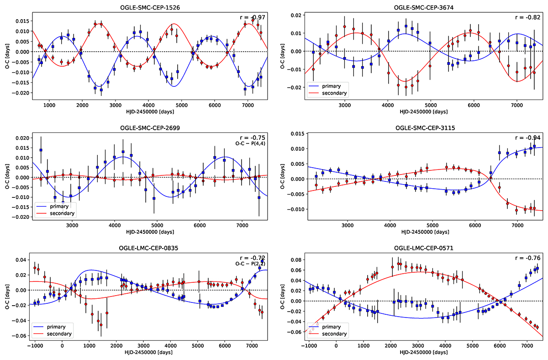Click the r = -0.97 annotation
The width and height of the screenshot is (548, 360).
coord(253,17)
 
